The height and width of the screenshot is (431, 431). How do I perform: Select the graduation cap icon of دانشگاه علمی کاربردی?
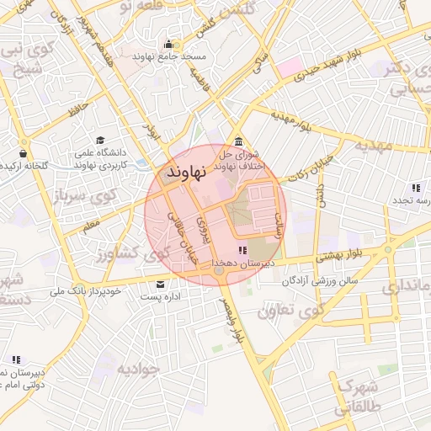(101, 141)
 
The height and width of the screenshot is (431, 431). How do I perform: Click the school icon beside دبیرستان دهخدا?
(242, 250)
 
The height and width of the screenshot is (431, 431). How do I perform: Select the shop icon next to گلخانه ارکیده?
(22, 154)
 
